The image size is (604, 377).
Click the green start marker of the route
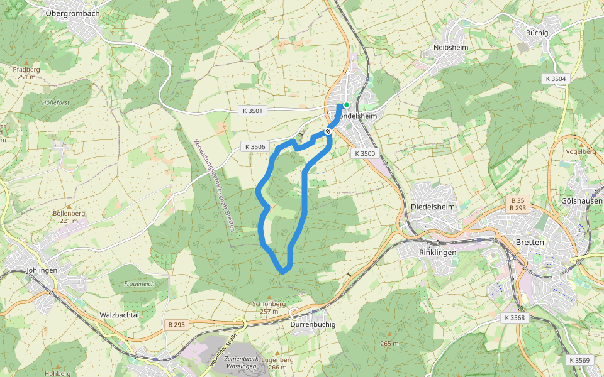(346, 105)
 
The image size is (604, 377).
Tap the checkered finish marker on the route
(328, 131)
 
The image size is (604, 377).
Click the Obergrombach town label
(73, 13)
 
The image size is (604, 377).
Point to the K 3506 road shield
(255, 147)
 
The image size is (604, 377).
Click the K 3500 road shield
(364, 153)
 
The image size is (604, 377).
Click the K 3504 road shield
(555, 79)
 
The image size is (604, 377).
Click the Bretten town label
(529, 242)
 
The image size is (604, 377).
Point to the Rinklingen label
(436, 252)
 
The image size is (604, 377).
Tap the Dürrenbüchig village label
(313, 324)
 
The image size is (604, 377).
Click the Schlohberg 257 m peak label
(269, 307)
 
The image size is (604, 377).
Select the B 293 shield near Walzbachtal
(177, 325)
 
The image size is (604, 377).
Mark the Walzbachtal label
(119, 315)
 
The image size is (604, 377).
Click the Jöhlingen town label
(42, 270)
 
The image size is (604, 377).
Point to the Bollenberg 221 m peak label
(69, 217)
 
